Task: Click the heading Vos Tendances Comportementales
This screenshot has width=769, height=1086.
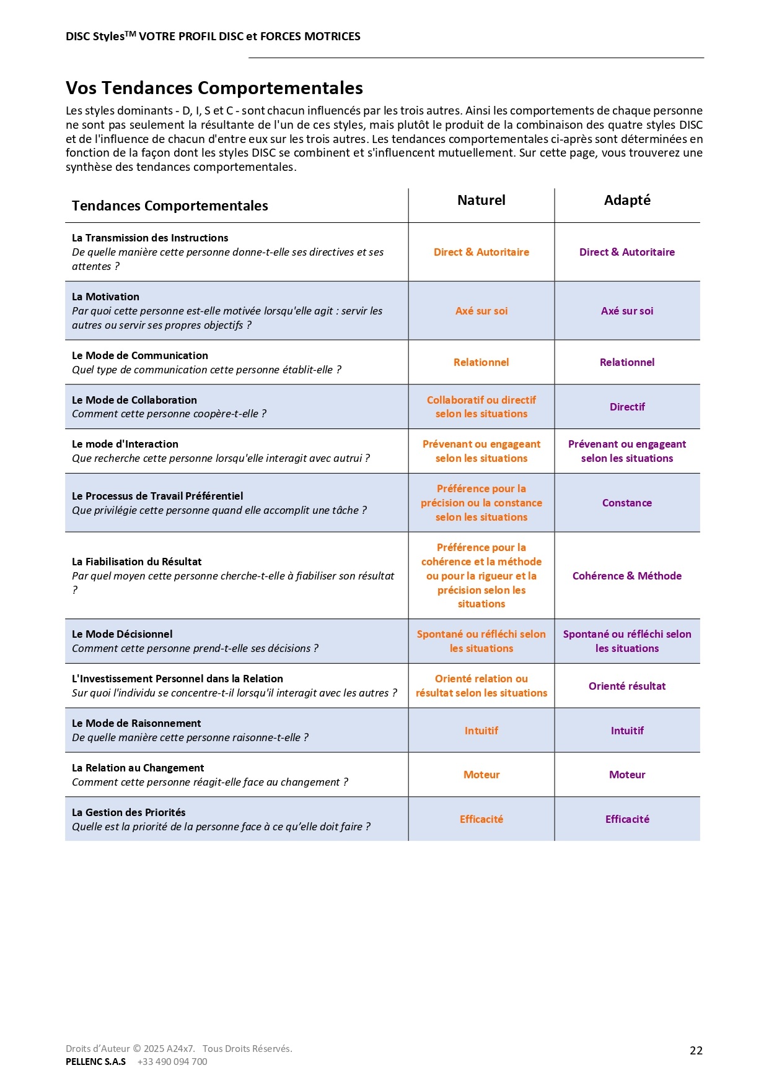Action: click(x=214, y=88)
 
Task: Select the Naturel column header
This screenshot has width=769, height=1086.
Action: click(x=481, y=200)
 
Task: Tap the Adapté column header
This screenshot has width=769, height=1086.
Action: click(x=627, y=200)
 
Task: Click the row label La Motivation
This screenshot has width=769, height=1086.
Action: click(x=105, y=297)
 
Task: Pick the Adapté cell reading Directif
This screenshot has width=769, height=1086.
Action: click(x=627, y=407)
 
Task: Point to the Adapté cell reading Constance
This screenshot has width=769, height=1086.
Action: click(x=627, y=503)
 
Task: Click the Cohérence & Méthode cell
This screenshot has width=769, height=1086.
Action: click(x=627, y=576)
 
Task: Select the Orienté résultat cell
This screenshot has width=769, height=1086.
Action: click(x=627, y=686)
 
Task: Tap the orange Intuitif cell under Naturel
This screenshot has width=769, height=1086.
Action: click(x=481, y=731)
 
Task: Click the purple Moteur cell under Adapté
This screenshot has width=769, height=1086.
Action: click(x=627, y=775)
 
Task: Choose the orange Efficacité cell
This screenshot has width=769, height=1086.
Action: click(x=481, y=819)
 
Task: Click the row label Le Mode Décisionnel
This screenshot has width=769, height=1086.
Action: click(x=122, y=634)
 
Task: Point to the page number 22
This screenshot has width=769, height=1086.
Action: click(x=696, y=1051)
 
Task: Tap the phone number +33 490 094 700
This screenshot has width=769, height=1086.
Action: click(x=172, y=1062)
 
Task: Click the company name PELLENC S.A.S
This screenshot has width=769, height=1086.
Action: click(x=95, y=1062)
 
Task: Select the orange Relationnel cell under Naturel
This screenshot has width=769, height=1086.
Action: click(x=481, y=362)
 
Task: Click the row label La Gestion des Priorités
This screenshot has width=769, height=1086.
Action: click(x=128, y=812)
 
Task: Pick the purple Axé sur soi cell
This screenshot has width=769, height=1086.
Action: click(x=627, y=311)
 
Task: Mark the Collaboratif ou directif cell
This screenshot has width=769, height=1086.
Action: click(x=481, y=407)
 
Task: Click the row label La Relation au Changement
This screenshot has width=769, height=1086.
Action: click(x=138, y=768)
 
